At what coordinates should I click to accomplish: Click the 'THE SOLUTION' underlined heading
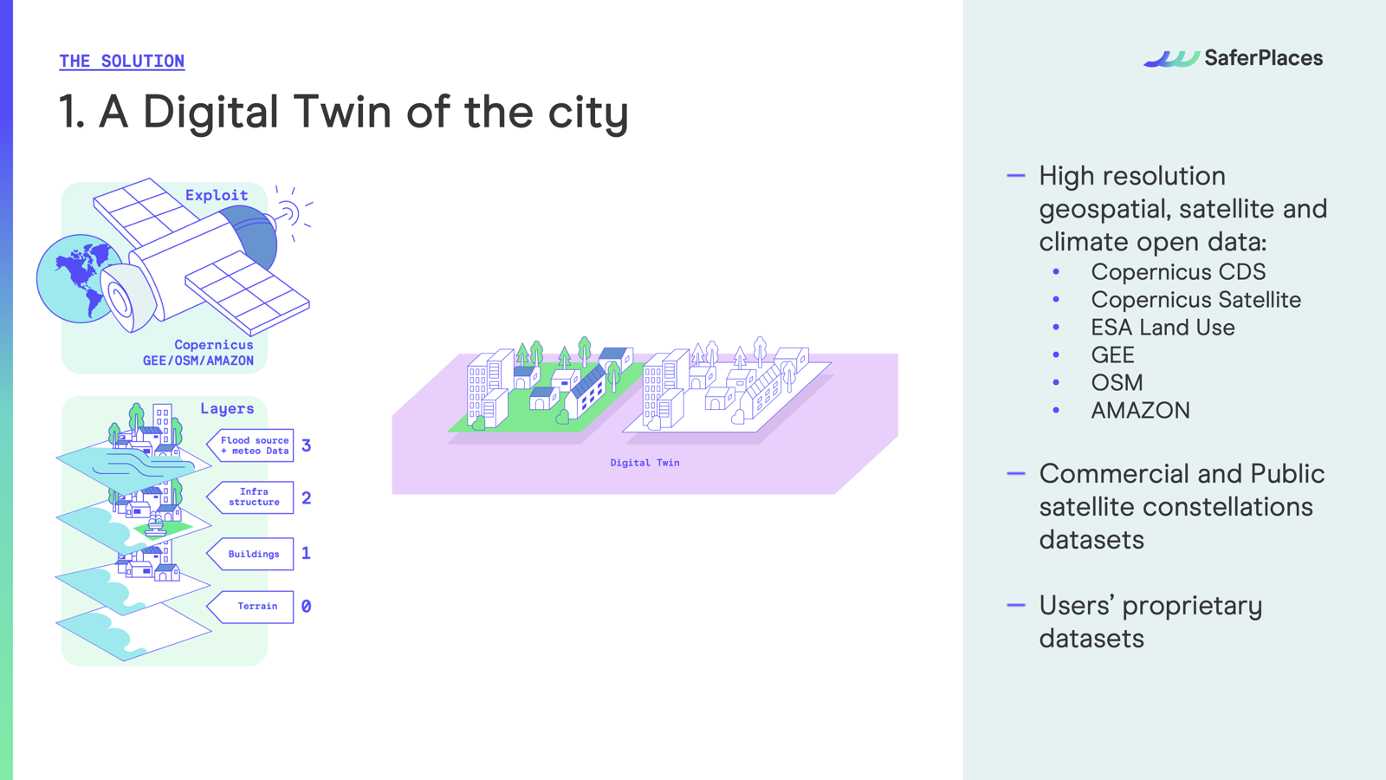[122, 62]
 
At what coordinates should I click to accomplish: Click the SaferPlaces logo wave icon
[1171, 59]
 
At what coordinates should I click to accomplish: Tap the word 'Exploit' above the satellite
[217, 196]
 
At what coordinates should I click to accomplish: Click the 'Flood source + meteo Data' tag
[250, 445]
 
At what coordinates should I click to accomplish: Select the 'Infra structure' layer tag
[250, 497]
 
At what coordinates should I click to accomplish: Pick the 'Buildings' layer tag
[250, 554]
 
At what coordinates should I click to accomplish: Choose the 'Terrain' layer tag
[250, 607]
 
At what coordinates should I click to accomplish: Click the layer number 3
[307, 445]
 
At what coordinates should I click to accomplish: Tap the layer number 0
[307, 607]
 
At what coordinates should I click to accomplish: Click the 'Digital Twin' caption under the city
[644, 463]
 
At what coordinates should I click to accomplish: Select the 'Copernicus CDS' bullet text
[1178, 272]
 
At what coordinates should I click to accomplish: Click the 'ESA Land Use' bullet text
[1163, 328]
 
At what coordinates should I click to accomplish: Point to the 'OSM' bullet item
[1117, 382]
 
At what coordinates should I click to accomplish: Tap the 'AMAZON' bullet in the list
[1140, 411]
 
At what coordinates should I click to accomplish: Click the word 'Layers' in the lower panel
[227, 408]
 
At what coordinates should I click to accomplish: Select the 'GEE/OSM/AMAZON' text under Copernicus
[198, 361]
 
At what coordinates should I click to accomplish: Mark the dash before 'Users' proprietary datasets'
[1016, 605]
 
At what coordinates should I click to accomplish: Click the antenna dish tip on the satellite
[288, 214]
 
